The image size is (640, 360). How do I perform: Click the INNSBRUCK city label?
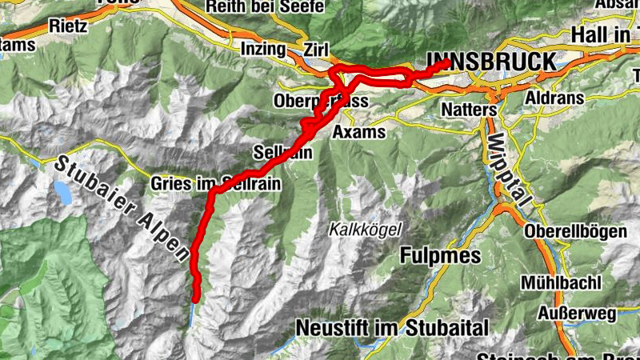tap(490, 62)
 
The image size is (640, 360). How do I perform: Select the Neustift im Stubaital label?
tap(391, 327)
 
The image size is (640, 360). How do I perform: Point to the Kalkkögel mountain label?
tap(364, 230)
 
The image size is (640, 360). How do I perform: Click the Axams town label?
tap(359, 131)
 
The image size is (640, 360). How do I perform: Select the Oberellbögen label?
tap(576, 231)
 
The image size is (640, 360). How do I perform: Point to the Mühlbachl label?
tap(559, 282)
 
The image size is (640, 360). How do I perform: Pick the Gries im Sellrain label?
tap(215, 184)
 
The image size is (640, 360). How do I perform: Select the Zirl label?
tap(315, 49)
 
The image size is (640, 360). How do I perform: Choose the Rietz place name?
tap(68, 25)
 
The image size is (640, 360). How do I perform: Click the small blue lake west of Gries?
tap(62, 191)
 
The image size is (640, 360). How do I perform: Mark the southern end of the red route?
tap(194, 298)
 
